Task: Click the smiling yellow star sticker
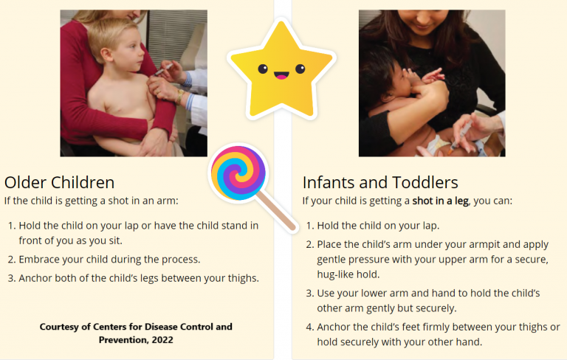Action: pos(280,69)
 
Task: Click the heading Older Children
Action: pos(59,182)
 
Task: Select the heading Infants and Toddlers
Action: pos(380,182)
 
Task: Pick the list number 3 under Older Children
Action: pos(12,278)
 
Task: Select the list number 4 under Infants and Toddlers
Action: pos(310,327)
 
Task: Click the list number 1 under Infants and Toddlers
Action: pos(310,226)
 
